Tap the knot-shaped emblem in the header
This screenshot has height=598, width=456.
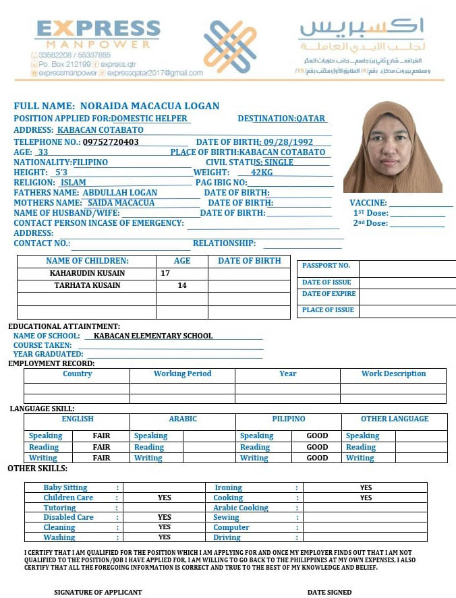click(x=230, y=47)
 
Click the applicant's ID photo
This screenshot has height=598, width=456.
click(x=393, y=147)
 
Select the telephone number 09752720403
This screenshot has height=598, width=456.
click(x=111, y=142)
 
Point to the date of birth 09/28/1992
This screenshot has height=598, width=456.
click(x=289, y=142)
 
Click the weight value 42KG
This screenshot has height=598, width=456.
click(x=262, y=173)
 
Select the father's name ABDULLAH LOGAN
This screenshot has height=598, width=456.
click(x=119, y=193)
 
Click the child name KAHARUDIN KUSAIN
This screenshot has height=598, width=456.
click(x=87, y=274)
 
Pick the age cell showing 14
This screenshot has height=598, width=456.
click(x=182, y=286)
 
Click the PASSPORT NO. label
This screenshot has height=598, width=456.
click(x=326, y=266)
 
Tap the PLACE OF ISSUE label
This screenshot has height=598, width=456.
click(x=328, y=310)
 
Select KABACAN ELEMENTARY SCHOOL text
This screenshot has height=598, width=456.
click(x=153, y=336)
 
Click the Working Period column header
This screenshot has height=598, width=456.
click(x=182, y=374)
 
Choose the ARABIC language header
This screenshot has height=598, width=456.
click(x=183, y=419)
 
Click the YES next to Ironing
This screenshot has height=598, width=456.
click(x=366, y=487)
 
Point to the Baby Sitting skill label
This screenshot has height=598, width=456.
click(x=65, y=487)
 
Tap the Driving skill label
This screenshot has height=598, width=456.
click(x=227, y=537)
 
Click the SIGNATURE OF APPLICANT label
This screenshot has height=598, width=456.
click(x=98, y=593)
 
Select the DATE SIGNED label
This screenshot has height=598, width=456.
click(x=329, y=593)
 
